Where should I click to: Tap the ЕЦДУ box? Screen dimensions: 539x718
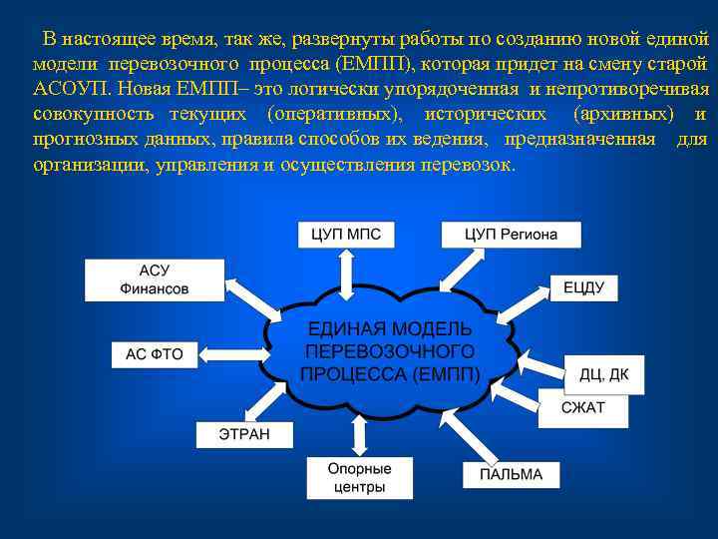pos(583,287)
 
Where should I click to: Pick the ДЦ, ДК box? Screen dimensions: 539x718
pos(604,375)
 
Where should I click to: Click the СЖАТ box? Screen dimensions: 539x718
pos(582,408)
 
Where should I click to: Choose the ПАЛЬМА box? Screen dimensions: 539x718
pos(511,474)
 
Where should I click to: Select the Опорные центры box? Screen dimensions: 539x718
pos(359,478)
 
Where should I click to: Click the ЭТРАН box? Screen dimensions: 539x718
pos(244,434)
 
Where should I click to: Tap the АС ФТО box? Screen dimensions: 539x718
pos(155,354)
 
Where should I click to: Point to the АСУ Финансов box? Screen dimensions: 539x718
pos(154,280)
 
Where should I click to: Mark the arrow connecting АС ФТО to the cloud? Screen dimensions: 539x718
pos(231,353)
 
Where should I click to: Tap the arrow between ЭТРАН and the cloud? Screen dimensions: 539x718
pos(269,398)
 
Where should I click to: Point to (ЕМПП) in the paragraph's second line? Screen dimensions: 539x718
pos(375,63)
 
